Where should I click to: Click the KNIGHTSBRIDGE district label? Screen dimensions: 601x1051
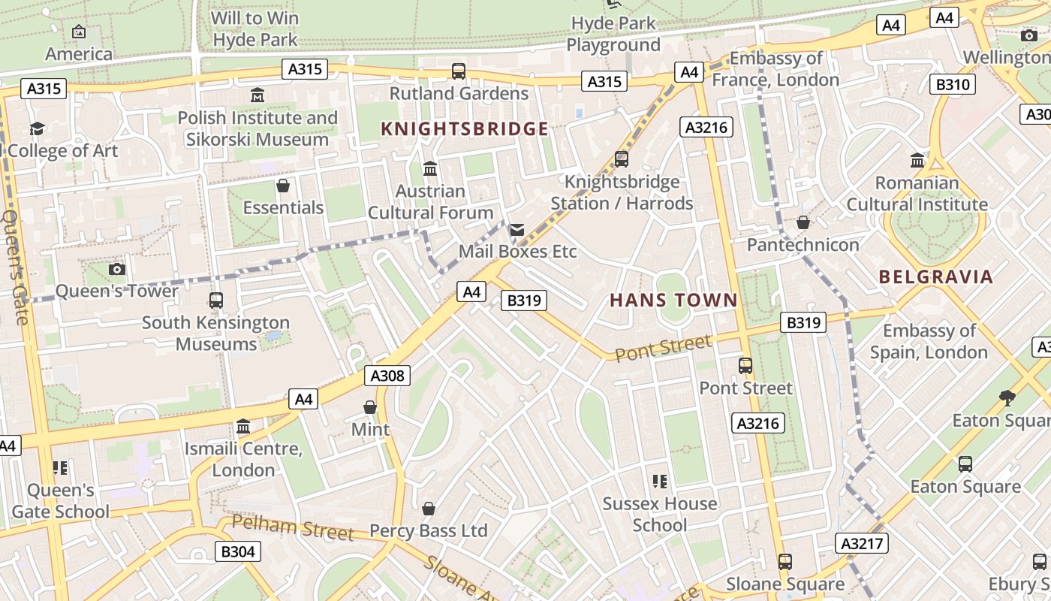[x=465, y=129]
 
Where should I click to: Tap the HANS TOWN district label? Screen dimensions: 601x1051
[x=673, y=300]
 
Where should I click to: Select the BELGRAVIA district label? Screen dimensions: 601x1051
[x=935, y=276]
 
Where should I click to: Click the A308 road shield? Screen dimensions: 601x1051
[x=387, y=376]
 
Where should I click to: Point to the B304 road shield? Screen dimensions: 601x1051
[x=238, y=551]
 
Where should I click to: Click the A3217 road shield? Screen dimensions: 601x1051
[x=862, y=543]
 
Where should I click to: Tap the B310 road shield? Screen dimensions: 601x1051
[x=952, y=84]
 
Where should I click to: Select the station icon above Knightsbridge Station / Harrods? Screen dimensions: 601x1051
[x=622, y=159]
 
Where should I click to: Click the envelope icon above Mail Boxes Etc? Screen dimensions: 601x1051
[x=517, y=230]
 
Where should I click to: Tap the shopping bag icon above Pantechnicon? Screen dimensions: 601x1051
[x=803, y=222]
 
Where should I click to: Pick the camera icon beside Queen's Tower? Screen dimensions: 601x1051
[x=117, y=269]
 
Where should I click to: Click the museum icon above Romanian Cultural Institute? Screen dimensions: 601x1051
[x=917, y=160]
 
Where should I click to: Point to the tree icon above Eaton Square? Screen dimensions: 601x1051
[x=1007, y=397]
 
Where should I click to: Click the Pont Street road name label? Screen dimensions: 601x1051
[x=663, y=348]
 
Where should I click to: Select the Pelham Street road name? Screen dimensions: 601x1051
[x=292, y=527]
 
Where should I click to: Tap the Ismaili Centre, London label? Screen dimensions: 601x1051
[x=243, y=460]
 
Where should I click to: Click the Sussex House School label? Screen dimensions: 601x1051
[x=660, y=514]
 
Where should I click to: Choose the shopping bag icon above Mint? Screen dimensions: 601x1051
[x=370, y=407]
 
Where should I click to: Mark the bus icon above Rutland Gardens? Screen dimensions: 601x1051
[x=458, y=71]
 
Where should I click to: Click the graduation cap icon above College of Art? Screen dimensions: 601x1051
[x=37, y=128]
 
